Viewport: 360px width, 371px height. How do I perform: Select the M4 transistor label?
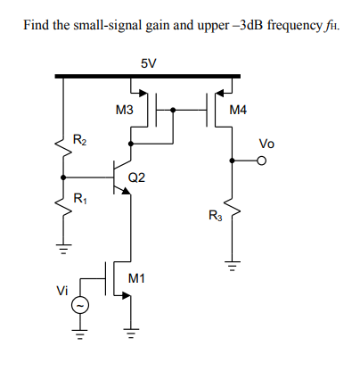(x=239, y=111)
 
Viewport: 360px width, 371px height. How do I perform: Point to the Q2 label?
(x=136, y=177)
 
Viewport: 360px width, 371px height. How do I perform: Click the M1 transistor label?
(x=136, y=280)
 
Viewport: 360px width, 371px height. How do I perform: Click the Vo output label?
(x=266, y=144)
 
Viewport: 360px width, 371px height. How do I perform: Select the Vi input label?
(x=61, y=290)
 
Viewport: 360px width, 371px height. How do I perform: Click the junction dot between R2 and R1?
(x=63, y=177)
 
